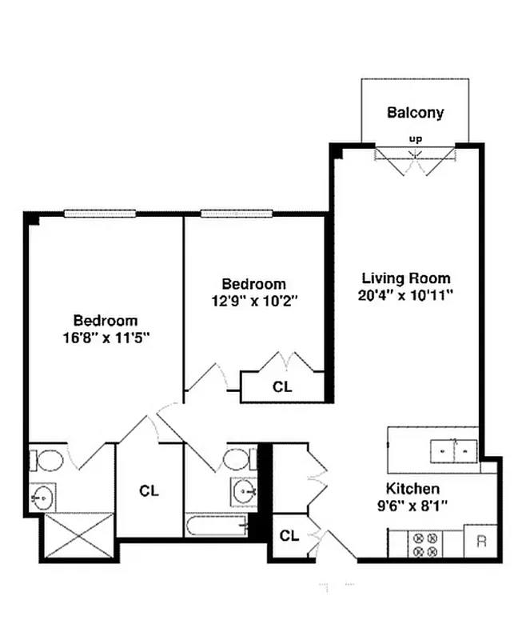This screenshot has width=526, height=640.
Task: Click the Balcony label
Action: click(x=415, y=113)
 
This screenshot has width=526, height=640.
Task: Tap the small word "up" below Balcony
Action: click(x=415, y=138)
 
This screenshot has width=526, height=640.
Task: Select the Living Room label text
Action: click(x=406, y=278)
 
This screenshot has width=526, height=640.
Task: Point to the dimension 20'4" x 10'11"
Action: click(x=406, y=295)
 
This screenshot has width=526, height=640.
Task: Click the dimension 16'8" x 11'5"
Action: click(x=106, y=337)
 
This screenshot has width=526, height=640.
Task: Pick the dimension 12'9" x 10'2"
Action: click(x=253, y=301)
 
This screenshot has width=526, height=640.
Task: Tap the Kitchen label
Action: click(x=412, y=489)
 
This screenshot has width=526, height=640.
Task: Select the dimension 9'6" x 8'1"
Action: click(x=412, y=505)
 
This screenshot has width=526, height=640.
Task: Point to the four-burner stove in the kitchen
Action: click(x=424, y=543)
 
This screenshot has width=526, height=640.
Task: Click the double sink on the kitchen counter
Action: click(x=453, y=450)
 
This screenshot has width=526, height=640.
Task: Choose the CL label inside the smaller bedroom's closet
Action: click(x=282, y=386)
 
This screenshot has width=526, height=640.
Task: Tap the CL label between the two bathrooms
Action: click(x=149, y=490)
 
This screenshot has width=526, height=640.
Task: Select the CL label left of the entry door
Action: click(x=289, y=535)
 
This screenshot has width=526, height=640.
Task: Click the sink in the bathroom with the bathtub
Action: click(x=243, y=489)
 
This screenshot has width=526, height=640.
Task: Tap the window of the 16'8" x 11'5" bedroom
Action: click(x=101, y=213)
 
